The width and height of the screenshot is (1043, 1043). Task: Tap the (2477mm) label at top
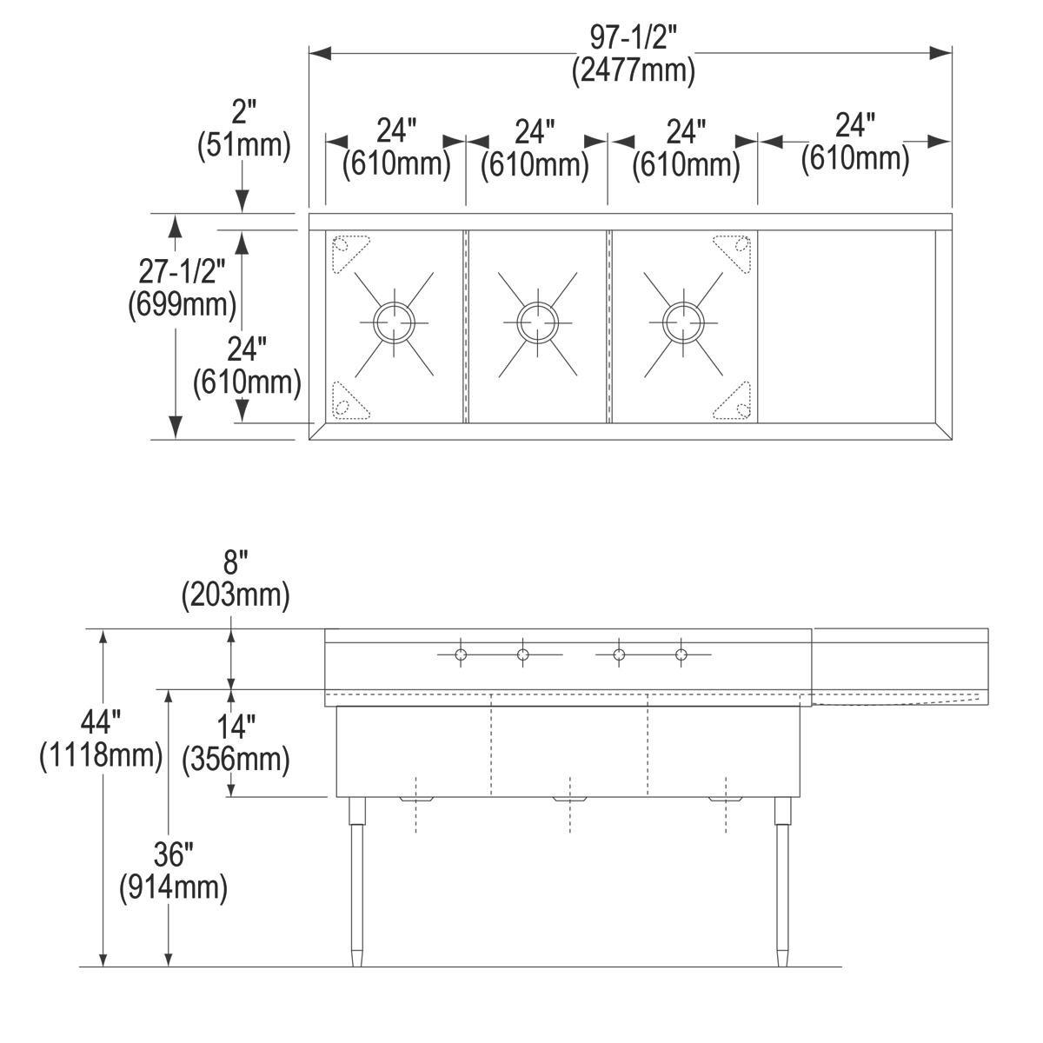point(633,70)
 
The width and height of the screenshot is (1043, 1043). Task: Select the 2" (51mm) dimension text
point(244,129)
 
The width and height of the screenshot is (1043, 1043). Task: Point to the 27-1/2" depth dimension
point(183,272)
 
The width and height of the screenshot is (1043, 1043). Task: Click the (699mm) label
point(182,304)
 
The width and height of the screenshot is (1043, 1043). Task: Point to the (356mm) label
point(235,760)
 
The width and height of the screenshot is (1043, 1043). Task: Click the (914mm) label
point(173,887)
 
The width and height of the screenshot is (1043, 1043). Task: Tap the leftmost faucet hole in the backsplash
point(461,654)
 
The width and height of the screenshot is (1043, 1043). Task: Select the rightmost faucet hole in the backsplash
point(681,654)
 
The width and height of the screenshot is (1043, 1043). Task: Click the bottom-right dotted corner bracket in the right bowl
point(734,402)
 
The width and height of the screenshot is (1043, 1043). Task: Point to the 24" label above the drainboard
point(854,126)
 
